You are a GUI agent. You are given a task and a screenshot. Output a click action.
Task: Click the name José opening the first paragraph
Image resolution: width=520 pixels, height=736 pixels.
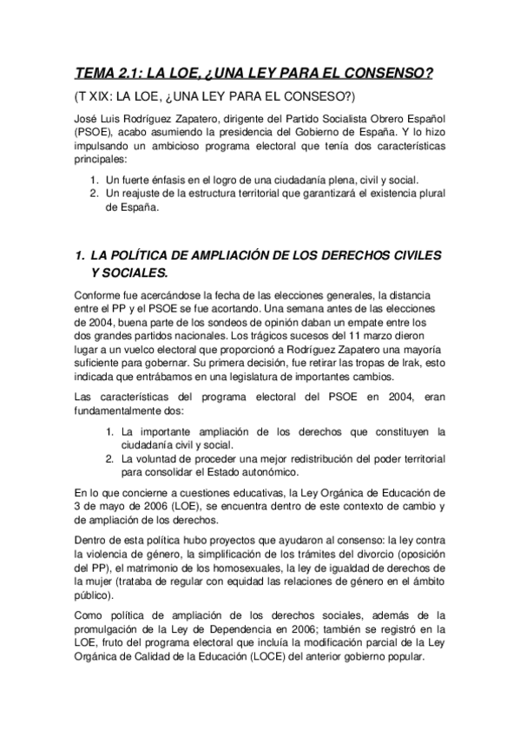coord(88,119)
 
